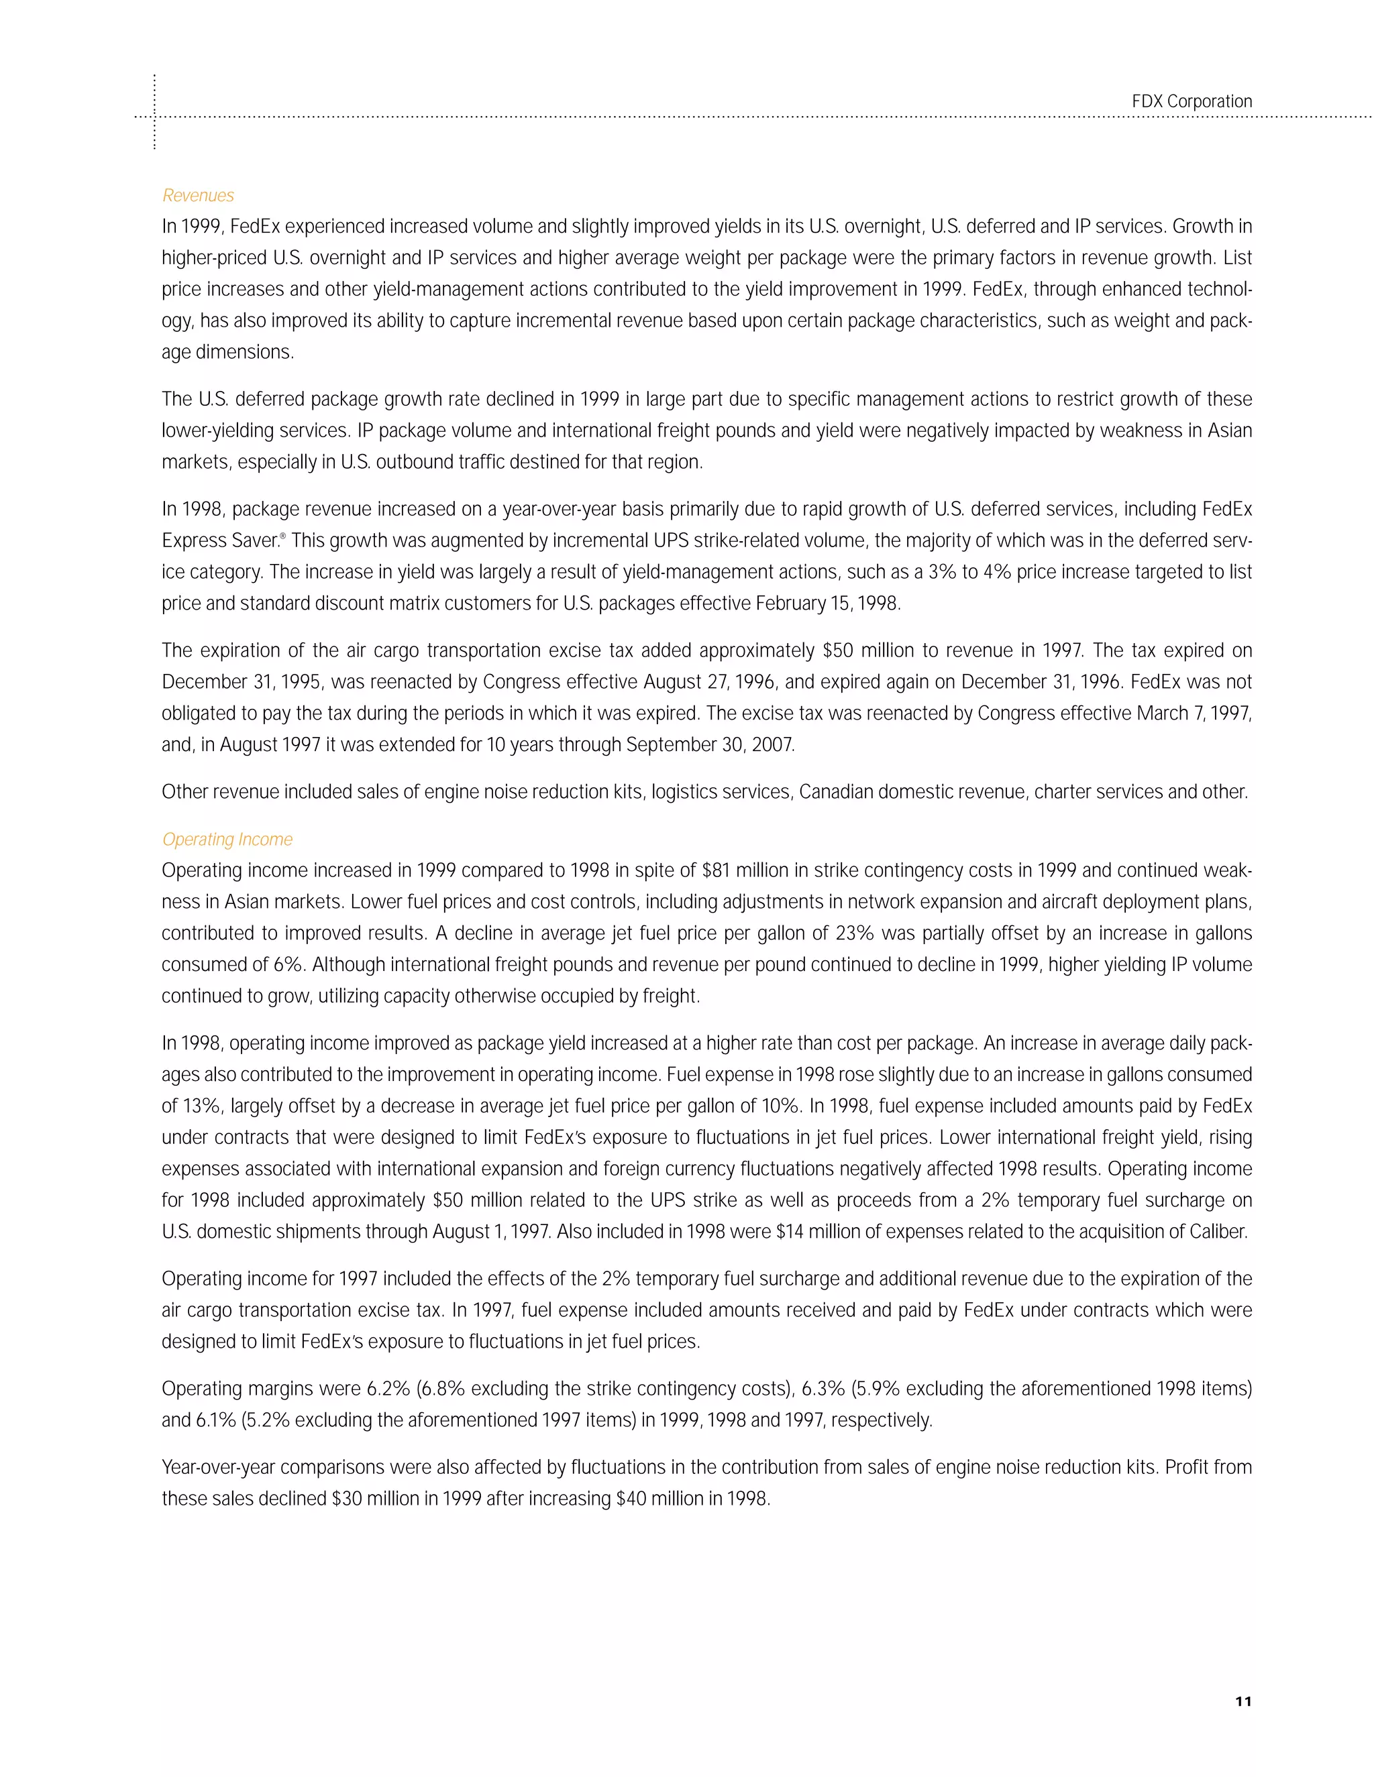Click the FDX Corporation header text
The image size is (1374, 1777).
click(1191, 102)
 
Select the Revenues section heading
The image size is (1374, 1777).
click(198, 195)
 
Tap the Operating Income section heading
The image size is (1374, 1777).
click(227, 839)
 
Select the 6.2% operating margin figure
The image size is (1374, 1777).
click(384, 1389)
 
